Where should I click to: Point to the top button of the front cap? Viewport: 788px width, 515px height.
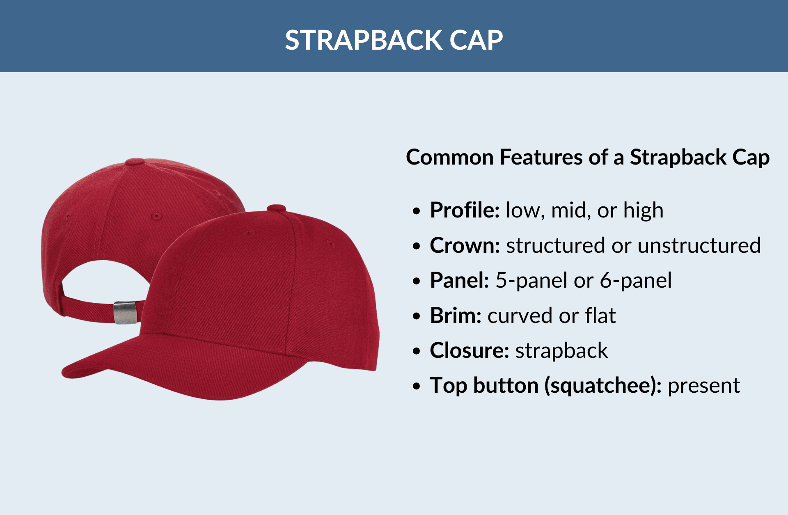276,208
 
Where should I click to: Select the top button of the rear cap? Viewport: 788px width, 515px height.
135,161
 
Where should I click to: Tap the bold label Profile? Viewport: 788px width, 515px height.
465,211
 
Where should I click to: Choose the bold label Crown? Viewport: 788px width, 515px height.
465,245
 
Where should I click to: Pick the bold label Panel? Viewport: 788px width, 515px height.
459,281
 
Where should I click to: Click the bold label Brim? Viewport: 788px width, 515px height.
456,316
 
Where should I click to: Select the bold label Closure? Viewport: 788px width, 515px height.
470,350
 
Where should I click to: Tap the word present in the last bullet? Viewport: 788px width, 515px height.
703,386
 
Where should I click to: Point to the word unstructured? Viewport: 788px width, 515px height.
699,245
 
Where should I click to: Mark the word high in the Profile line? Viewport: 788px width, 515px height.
643,211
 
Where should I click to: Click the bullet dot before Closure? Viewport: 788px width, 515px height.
417,351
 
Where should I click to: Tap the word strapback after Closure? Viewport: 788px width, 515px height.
561,350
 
